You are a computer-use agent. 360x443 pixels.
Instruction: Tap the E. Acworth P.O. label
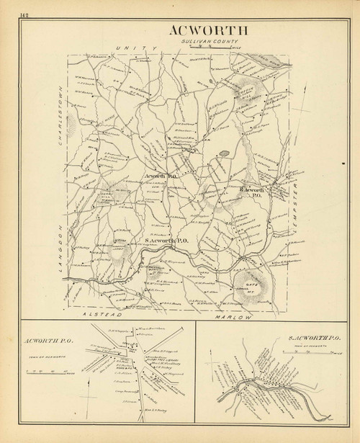(253, 191)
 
